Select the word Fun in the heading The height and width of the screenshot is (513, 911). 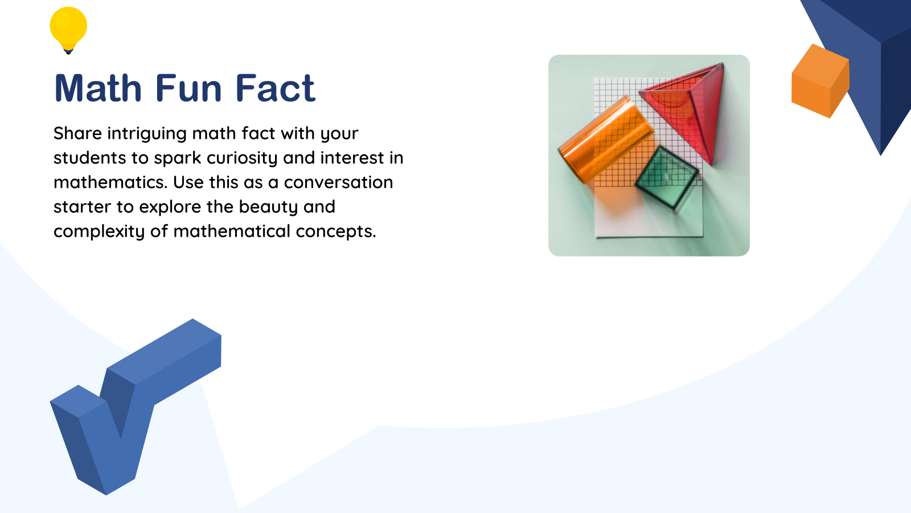click(188, 89)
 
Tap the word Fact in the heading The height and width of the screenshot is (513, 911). click(275, 89)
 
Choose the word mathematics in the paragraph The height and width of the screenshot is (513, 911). click(110, 182)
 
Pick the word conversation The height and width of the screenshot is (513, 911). click(338, 182)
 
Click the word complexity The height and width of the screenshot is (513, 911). click(99, 232)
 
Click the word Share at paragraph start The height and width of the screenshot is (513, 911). click(77, 133)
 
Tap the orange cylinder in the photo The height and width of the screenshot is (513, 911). click(605, 140)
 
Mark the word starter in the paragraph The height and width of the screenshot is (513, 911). click(82, 207)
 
